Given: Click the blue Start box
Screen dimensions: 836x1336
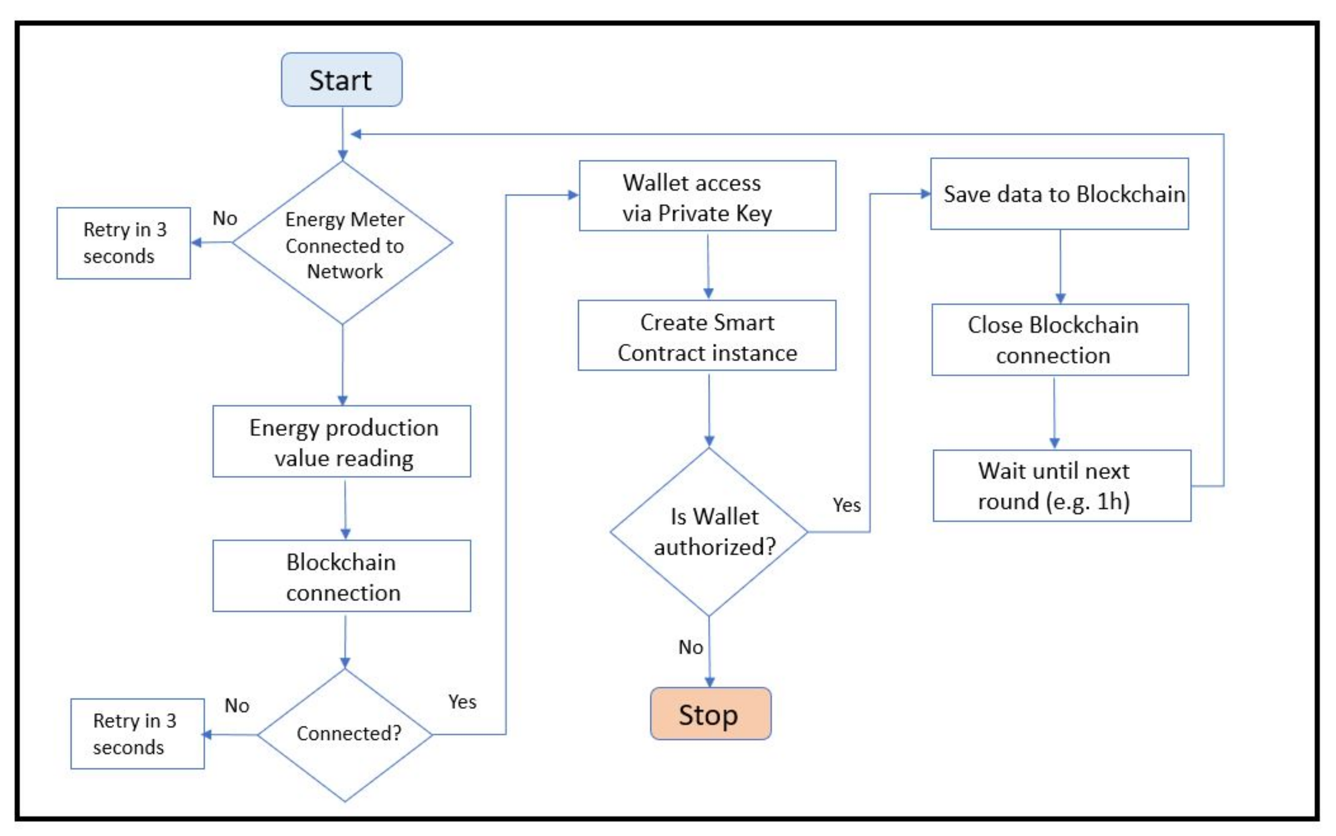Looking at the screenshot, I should coord(342,80).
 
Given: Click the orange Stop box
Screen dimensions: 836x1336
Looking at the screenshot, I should coord(710,714).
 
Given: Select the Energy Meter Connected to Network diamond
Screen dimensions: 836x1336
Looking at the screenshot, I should coord(342,243).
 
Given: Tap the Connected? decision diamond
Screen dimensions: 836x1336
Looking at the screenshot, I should coord(345,734).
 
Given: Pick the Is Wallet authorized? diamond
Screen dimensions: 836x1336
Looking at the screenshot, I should coord(709,532).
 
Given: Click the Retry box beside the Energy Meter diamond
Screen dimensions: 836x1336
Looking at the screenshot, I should coord(123,243).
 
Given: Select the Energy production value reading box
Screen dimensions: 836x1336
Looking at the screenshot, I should coord(342,441).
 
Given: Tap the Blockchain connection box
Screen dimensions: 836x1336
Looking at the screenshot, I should coord(342,576).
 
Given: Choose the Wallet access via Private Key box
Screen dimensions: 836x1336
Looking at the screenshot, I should coord(707,196).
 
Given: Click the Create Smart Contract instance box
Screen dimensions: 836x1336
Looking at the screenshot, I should coord(707,335).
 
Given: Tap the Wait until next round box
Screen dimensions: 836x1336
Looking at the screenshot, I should coord(1061,485).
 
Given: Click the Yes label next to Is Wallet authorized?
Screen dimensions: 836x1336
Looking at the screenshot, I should coord(847,505).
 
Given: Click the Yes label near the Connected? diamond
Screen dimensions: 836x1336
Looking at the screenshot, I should coord(462,702).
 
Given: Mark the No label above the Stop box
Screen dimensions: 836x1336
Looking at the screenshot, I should coord(691,647).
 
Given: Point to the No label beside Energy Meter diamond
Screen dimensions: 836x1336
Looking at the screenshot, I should coord(225,218).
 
